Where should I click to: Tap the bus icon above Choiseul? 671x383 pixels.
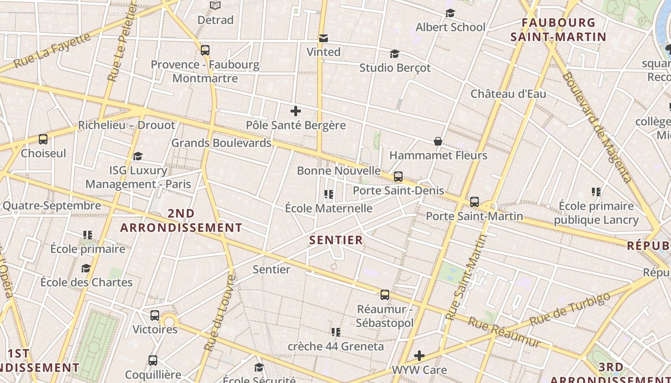[43, 139]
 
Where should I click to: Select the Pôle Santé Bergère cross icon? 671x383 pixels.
[296, 112]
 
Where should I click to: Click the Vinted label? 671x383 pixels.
[324, 52]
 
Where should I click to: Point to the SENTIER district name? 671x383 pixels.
[336, 240]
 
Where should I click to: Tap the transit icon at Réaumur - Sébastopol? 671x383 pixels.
[385, 295]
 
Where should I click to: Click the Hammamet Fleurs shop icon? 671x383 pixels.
[438, 141]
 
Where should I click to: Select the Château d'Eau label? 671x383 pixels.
[508, 93]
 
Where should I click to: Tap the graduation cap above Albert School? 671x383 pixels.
[450, 13]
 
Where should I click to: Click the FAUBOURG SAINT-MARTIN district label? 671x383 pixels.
[558, 30]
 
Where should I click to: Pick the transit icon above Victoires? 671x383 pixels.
[155, 315]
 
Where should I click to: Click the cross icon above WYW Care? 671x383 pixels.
[419, 356]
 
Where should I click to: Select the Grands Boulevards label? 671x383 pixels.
[221, 143]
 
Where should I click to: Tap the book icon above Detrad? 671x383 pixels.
[215, 6]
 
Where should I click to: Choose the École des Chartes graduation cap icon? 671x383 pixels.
[86, 268]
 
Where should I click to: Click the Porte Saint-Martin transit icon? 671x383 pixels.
[474, 202]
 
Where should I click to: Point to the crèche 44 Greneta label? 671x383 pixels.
[335, 346]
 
